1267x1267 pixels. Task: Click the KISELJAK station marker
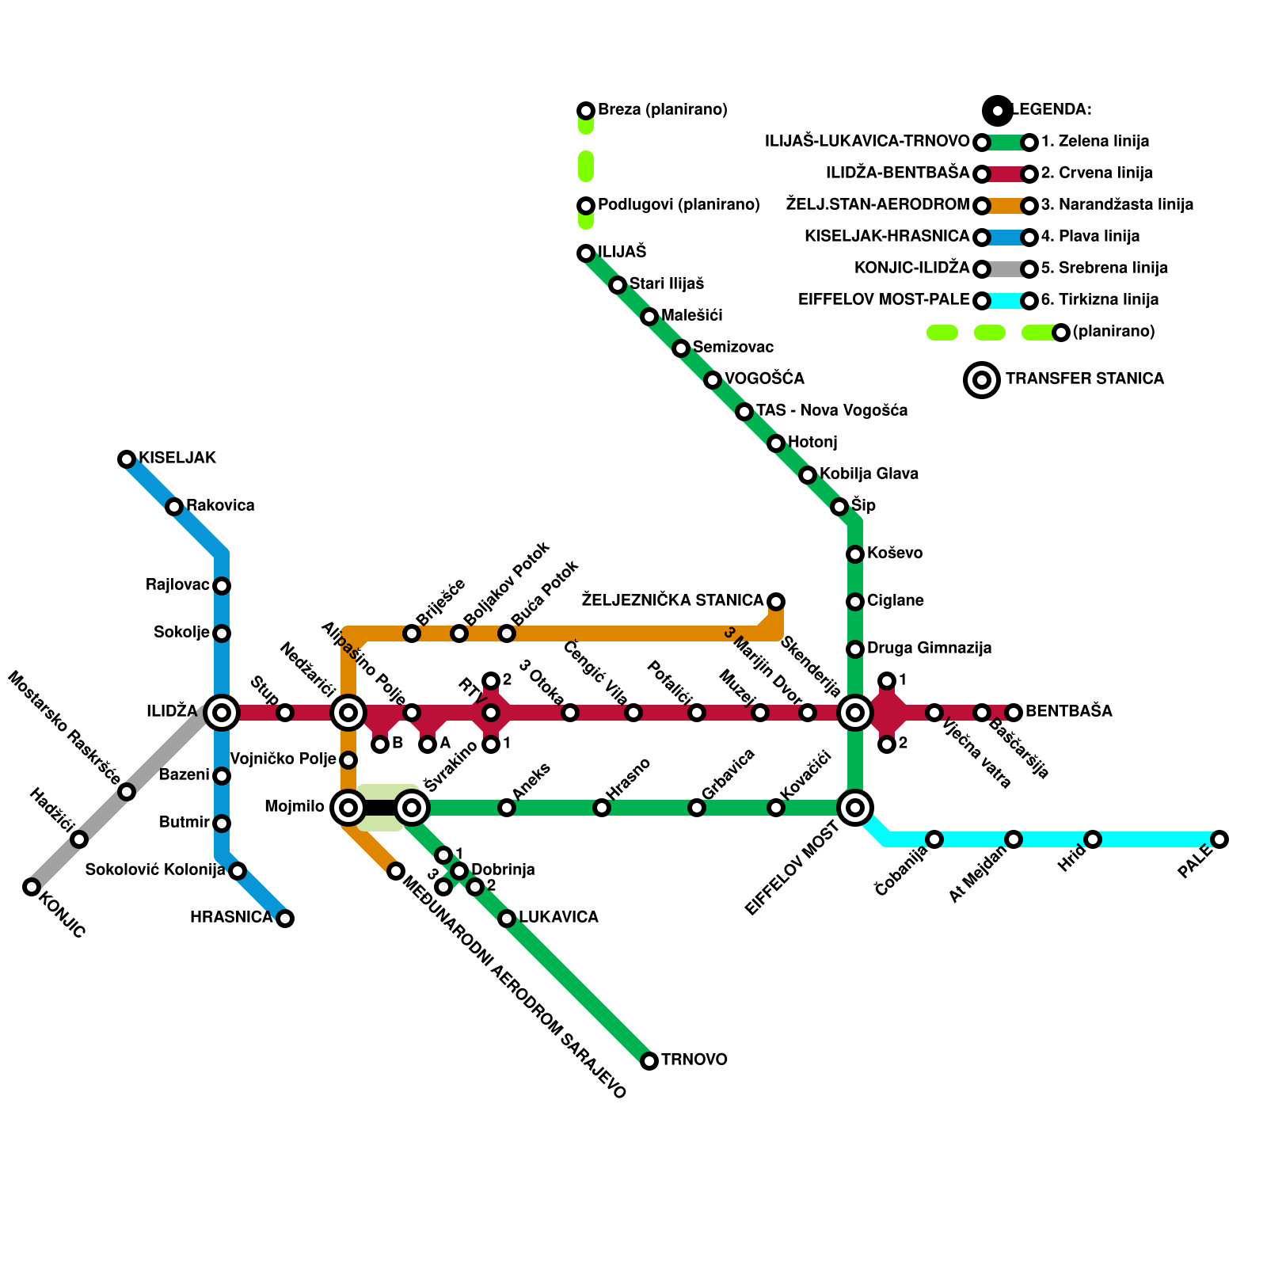tap(127, 459)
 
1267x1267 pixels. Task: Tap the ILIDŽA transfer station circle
tap(222, 713)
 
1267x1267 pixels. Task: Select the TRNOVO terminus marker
tap(649, 1061)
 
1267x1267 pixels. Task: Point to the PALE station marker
tap(1219, 839)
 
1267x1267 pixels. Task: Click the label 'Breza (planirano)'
tap(662, 109)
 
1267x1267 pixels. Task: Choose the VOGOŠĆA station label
tap(764, 379)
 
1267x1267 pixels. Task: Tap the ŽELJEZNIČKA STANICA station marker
tap(776, 602)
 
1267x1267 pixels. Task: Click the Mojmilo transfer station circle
tap(348, 808)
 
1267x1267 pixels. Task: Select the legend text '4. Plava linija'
tap(1090, 236)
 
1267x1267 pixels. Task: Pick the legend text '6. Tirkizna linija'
tap(1099, 299)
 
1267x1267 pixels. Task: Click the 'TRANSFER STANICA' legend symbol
tap(982, 380)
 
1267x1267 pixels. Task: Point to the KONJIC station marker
tap(32, 887)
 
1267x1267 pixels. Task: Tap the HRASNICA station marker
tap(285, 919)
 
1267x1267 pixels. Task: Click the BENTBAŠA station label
tap(1068, 711)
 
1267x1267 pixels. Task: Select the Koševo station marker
tap(855, 554)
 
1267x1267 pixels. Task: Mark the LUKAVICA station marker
tap(507, 919)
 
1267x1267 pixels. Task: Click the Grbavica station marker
tap(697, 808)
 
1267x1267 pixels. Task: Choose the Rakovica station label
tap(220, 505)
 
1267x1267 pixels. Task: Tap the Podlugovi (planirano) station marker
tap(586, 206)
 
